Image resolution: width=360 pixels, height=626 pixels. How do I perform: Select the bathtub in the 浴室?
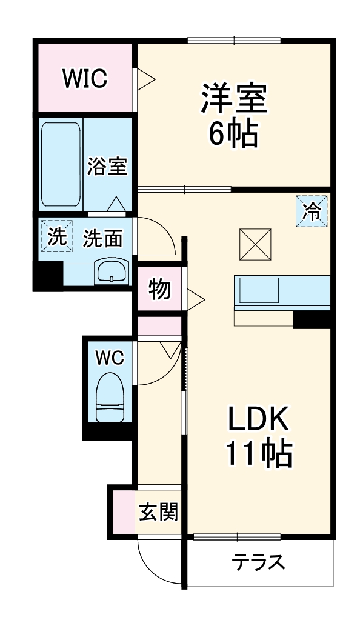[61, 165]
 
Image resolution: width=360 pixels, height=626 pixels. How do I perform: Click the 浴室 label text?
[107, 166]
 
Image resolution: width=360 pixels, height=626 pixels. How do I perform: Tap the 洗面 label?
[102, 239]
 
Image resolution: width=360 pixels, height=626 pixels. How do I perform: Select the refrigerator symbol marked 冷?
[312, 211]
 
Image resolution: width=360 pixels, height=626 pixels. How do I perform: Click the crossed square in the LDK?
[254, 244]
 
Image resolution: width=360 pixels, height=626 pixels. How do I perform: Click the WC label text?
[110, 358]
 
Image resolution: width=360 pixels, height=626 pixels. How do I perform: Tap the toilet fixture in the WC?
[110, 396]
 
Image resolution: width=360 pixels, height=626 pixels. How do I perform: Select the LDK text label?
[259, 420]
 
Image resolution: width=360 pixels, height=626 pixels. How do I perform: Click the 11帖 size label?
[259, 453]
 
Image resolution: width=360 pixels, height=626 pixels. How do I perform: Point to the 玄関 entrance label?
[159, 513]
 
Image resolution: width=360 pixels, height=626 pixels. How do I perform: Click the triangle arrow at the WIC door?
[147, 79]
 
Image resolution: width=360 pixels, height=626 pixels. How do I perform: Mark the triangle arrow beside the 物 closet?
[195, 298]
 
